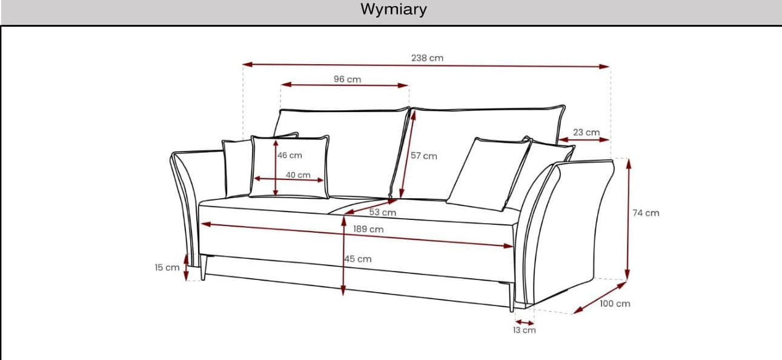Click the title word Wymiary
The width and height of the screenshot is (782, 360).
394,10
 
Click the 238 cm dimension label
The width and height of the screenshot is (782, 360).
427,58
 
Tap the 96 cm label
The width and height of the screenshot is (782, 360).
347,79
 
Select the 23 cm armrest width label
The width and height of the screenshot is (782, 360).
586,132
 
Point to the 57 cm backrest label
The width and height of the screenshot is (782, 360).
424,156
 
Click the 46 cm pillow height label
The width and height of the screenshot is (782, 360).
290,155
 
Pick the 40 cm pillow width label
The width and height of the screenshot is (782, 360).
298,175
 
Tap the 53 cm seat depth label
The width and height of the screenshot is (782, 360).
383,212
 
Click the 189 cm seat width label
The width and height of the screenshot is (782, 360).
368,229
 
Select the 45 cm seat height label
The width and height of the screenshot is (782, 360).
358,259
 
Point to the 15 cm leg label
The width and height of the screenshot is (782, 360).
167,267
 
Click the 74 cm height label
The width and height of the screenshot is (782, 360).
646,213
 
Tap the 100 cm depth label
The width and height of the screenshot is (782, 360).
615,304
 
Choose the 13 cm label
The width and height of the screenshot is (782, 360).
524,330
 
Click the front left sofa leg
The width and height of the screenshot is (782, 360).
204,267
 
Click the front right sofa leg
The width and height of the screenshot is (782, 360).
512,297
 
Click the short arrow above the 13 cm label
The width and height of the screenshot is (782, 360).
525,322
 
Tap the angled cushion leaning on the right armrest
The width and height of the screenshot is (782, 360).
488,174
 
